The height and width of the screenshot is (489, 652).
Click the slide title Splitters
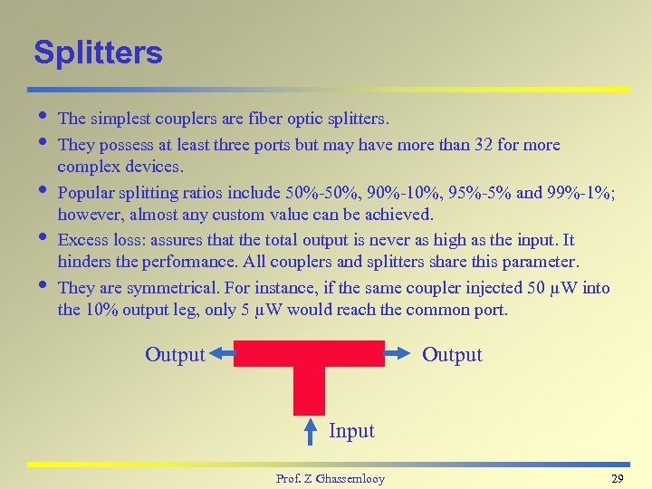[x=98, y=53]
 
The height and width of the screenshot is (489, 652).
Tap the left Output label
[x=175, y=355]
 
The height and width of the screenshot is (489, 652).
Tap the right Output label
[x=452, y=355]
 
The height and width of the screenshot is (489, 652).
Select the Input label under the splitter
[x=351, y=431]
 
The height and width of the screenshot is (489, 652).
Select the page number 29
[x=618, y=478]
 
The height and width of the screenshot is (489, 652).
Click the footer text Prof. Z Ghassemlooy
[x=330, y=478]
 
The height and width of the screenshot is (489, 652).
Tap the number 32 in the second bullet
[x=503, y=145]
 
